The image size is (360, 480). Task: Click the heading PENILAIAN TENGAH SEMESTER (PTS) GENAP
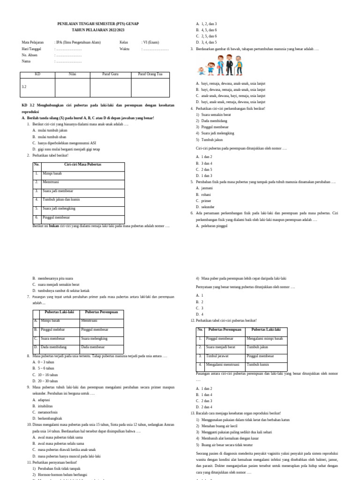(97, 23)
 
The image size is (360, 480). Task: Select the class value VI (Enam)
(151, 42)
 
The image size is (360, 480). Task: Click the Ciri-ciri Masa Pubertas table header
(83, 165)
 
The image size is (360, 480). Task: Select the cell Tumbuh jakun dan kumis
(61, 199)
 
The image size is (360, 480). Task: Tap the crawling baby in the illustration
(202, 71)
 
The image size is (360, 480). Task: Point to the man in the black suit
(229, 65)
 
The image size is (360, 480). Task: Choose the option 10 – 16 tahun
(47, 375)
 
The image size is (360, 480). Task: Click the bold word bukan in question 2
(54, 225)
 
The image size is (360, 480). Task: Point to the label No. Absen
(30, 55)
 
